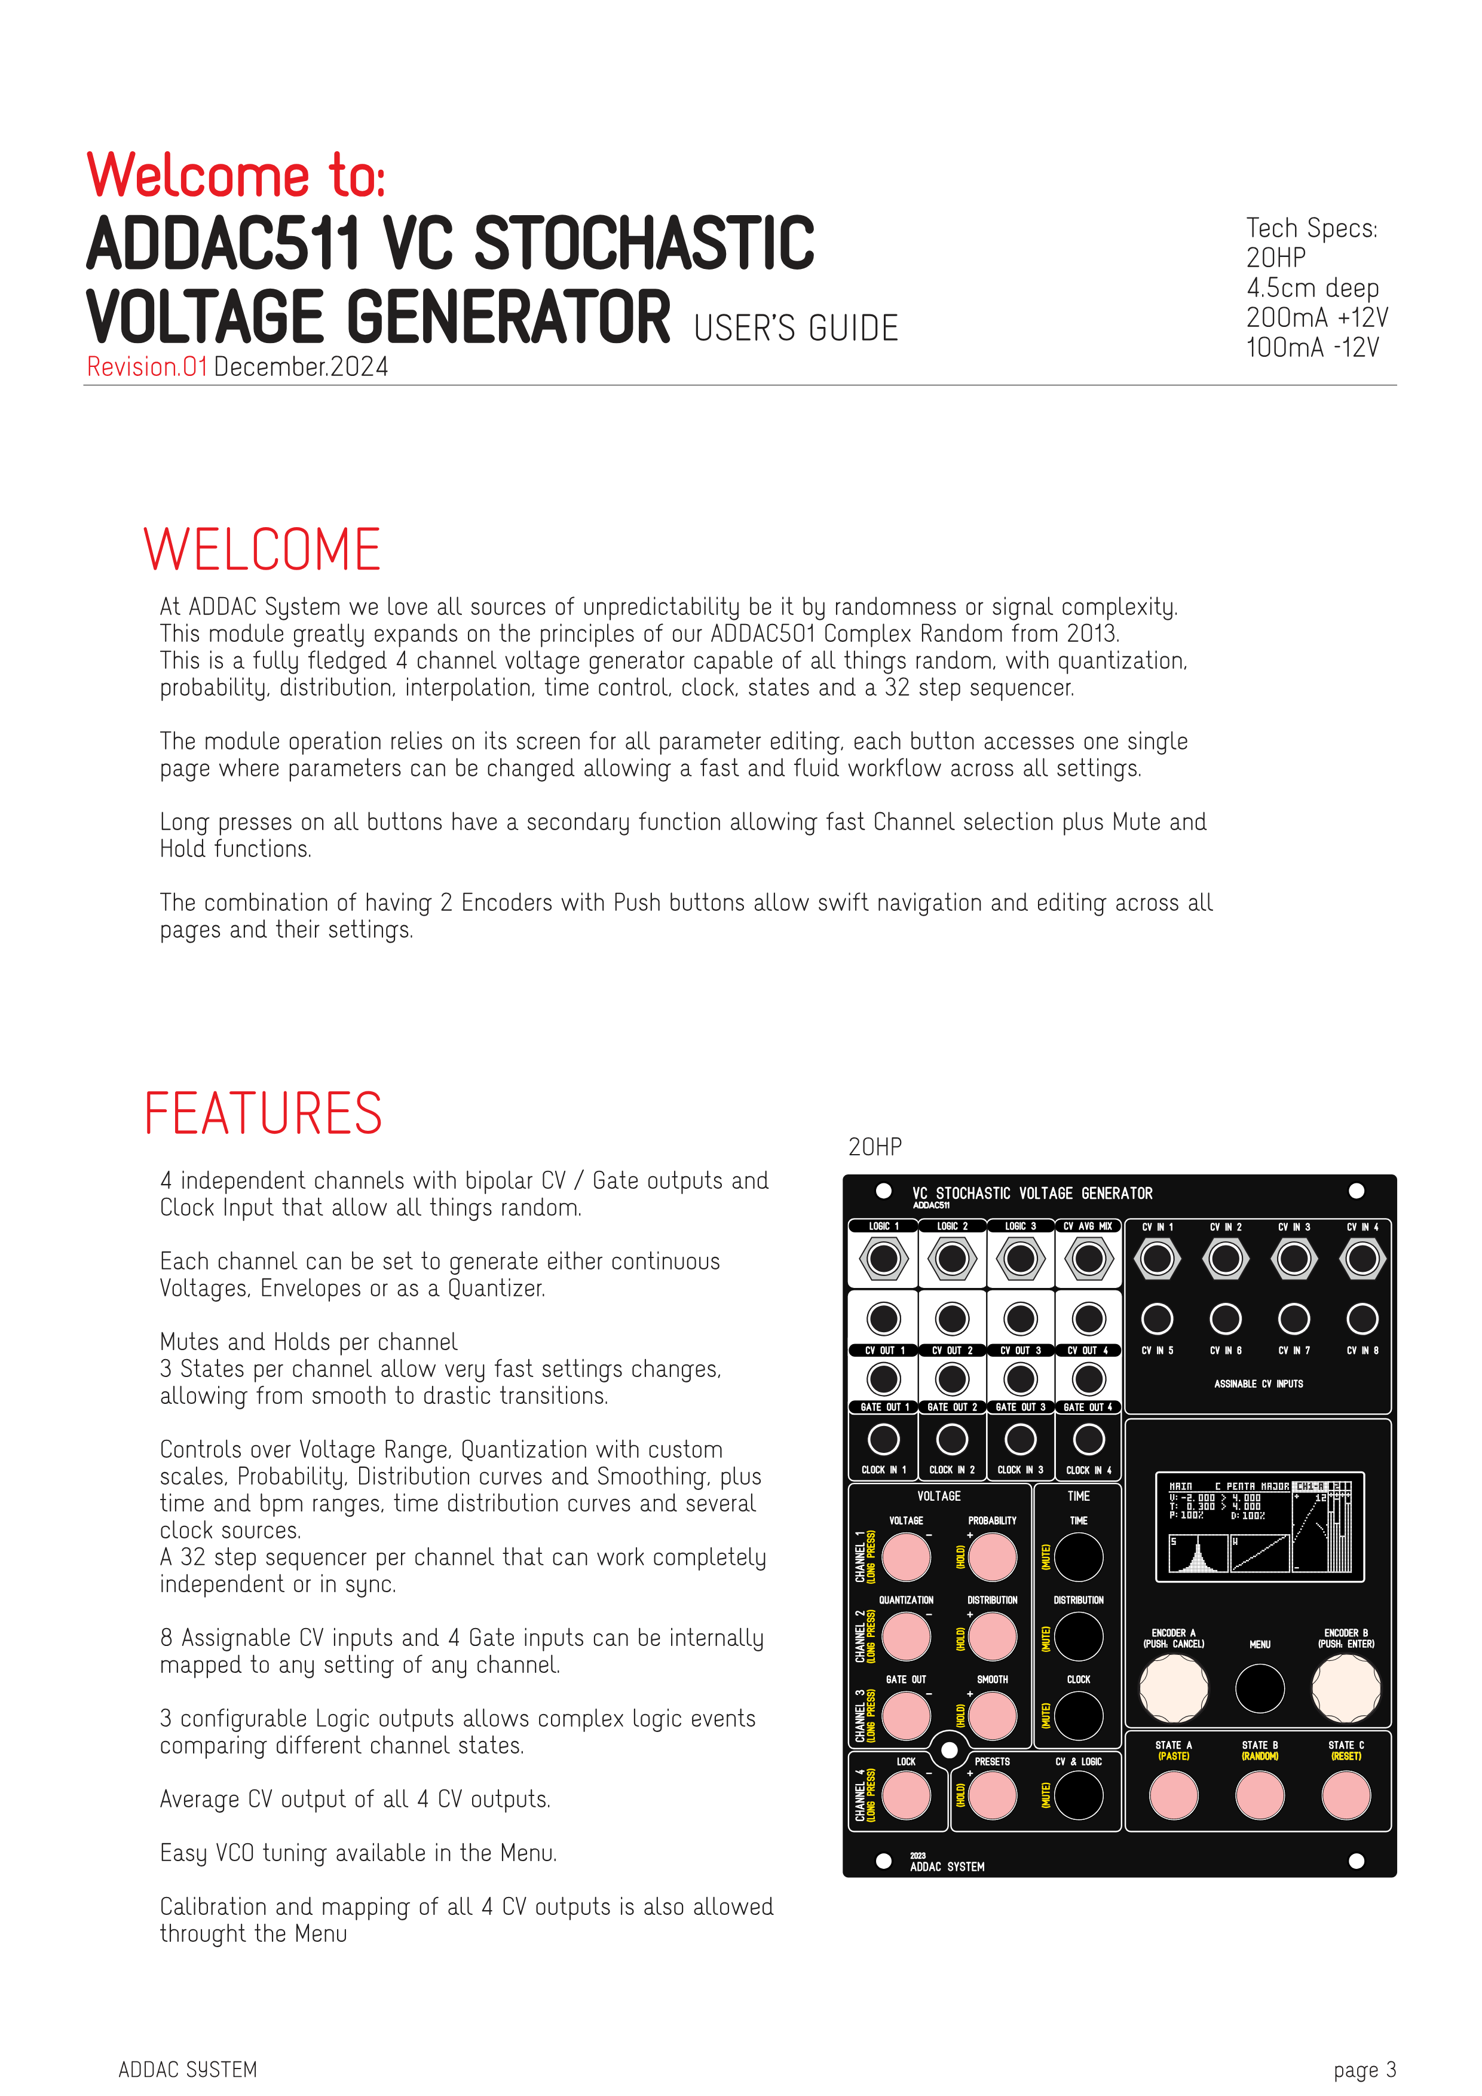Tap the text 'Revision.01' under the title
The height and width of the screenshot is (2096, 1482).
147,367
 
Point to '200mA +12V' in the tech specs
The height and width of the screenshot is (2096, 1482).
1317,318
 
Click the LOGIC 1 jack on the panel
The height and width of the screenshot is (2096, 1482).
883,1259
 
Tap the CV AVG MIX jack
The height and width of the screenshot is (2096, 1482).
1089,1259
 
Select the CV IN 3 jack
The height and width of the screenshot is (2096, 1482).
1294,1259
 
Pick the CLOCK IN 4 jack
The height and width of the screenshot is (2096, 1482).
1089,1440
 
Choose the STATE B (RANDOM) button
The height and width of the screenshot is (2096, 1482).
1259,1795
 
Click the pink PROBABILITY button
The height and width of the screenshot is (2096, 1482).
993,1556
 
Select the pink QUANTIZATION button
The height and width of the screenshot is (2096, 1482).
906,1636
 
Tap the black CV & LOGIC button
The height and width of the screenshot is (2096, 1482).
1079,1795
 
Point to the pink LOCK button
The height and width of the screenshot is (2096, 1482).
906,1795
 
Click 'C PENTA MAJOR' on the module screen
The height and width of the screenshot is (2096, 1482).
1251,1486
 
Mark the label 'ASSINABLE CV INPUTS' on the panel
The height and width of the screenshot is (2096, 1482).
1259,1384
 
